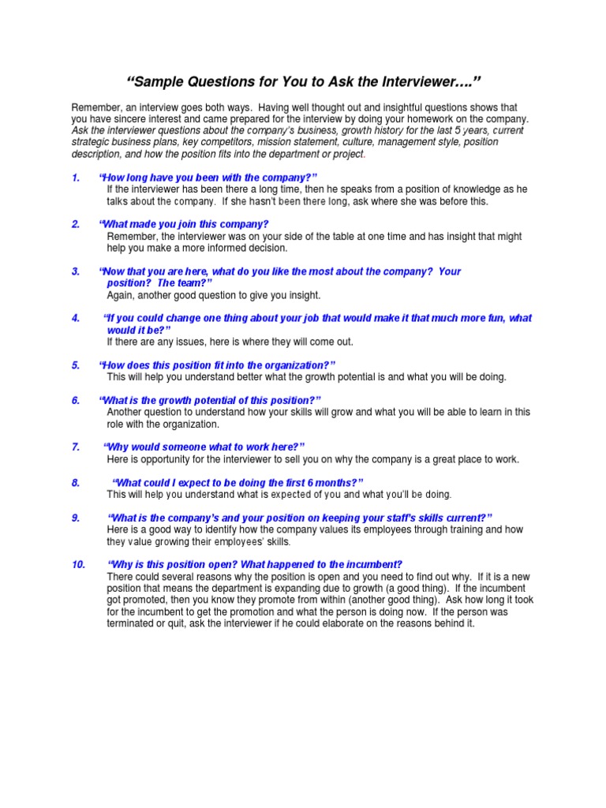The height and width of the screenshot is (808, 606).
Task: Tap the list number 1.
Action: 75,178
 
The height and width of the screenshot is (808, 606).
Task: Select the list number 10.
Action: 78,564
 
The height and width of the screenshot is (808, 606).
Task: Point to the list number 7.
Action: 75,447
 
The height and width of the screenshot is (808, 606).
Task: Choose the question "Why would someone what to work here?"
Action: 205,447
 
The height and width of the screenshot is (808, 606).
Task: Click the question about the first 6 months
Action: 238,482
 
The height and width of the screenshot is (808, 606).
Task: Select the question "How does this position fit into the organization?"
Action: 217,365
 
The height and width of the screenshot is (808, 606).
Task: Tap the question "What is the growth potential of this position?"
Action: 210,400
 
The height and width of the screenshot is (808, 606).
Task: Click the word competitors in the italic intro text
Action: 219,142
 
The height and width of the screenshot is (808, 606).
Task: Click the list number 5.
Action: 75,365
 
